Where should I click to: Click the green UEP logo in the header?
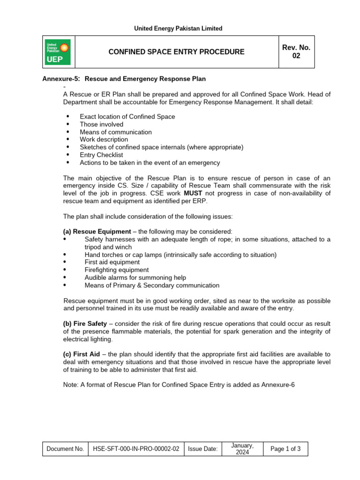pyautogui.click(x=58, y=52)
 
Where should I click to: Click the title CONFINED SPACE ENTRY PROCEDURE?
pyautogui.click(x=176, y=52)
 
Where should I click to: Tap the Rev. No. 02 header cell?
pyautogui.click(x=296, y=52)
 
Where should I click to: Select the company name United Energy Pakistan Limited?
pyautogui.click(x=178, y=29)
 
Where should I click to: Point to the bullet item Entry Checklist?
pyautogui.click(x=101, y=155)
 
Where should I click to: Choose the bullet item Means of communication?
pyautogui.click(x=116, y=132)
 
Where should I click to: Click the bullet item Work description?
pyautogui.click(x=104, y=139)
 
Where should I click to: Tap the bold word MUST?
pyautogui.click(x=193, y=193)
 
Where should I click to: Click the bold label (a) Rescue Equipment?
pyautogui.click(x=97, y=232)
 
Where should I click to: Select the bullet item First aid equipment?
pyautogui.click(x=112, y=262)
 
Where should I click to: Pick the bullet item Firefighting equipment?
pyautogui.click(x=117, y=270)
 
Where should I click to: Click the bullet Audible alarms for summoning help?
pyautogui.click(x=135, y=277)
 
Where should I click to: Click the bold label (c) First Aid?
pyautogui.click(x=82, y=354)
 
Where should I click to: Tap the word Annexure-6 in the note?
pyautogui.click(x=277, y=384)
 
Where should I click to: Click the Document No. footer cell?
pyautogui.click(x=65, y=449)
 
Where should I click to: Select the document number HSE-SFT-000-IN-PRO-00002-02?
pyautogui.click(x=136, y=449)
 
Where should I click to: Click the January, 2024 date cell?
pyautogui.click(x=242, y=449)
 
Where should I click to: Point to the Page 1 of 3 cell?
pyautogui.click(x=285, y=449)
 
